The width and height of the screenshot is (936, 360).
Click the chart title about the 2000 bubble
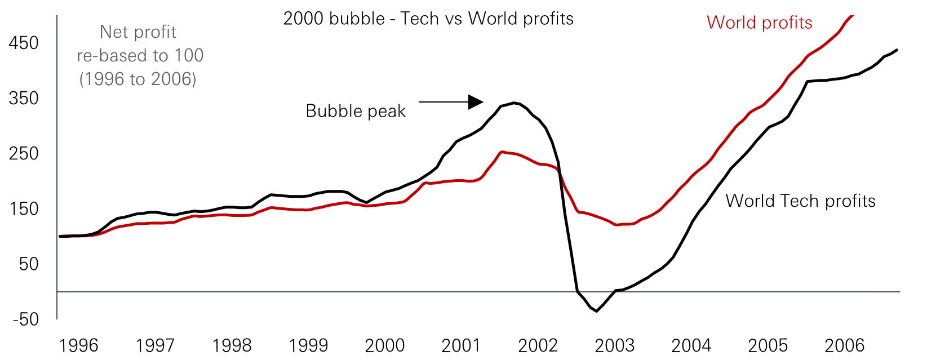click(x=428, y=19)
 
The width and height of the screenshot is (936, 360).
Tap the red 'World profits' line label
click(x=759, y=23)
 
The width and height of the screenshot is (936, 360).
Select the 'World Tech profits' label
click(x=800, y=201)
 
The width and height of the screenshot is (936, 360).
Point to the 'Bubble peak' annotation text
click(x=356, y=111)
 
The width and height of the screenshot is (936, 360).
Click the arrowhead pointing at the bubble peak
click(x=476, y=102)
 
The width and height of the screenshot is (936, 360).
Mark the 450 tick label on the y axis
click(x=24, y=43)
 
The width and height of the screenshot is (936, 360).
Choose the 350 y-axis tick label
click(x=24, y=99)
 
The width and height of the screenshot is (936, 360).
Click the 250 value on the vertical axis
click(x=24, y=154)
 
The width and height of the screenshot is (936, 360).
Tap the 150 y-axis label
click(x=24, y=209)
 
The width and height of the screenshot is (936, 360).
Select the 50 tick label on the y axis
click(x=28, y=264)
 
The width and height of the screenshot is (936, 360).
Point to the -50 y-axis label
click(x=25, y=319)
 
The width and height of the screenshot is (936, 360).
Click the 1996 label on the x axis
click(x=78, y=346)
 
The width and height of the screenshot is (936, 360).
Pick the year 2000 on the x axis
click(x=385, y=346)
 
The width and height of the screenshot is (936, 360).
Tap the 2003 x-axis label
click(x=615, y=346)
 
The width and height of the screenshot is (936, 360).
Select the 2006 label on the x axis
click(x=845, y=346)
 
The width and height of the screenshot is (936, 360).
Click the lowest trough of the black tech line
click(x=596, y=311)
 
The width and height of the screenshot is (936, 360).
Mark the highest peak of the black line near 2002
click(x=514, y=103)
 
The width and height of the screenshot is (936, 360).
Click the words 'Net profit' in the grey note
click(x=138, y=32)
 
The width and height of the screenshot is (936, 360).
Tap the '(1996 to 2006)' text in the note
click(x=138, y=79)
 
